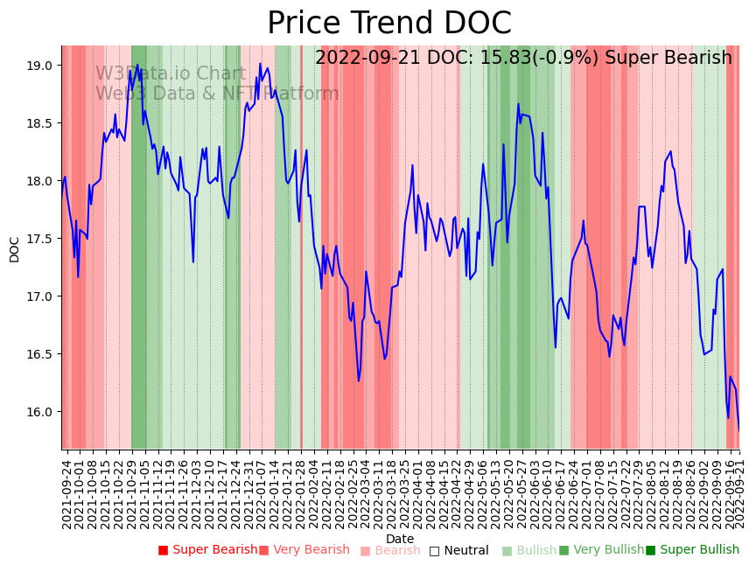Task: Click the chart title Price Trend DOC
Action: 388,24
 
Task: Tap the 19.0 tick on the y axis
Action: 40,66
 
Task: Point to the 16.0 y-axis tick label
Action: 40,412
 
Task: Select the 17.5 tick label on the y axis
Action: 40,239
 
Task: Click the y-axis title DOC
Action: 15,249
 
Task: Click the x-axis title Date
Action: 400,539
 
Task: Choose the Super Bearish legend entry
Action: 207,550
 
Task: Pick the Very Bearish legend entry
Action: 304,550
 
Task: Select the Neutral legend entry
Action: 458,550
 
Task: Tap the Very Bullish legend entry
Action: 601,550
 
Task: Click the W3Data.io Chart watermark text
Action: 170,73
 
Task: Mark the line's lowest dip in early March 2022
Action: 359,380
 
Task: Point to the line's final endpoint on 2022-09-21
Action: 738,430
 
